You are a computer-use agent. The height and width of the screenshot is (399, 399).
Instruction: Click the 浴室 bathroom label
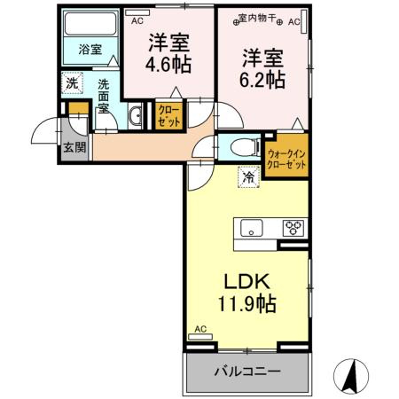click(90, 51)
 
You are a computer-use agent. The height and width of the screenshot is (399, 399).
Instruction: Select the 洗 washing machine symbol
click(72, 83)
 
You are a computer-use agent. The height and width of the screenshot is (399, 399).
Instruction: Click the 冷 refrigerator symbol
click(249, 176)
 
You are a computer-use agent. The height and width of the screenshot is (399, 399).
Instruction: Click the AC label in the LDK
click(199, 328)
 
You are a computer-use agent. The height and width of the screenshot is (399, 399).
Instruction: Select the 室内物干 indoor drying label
click(262, 19)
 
